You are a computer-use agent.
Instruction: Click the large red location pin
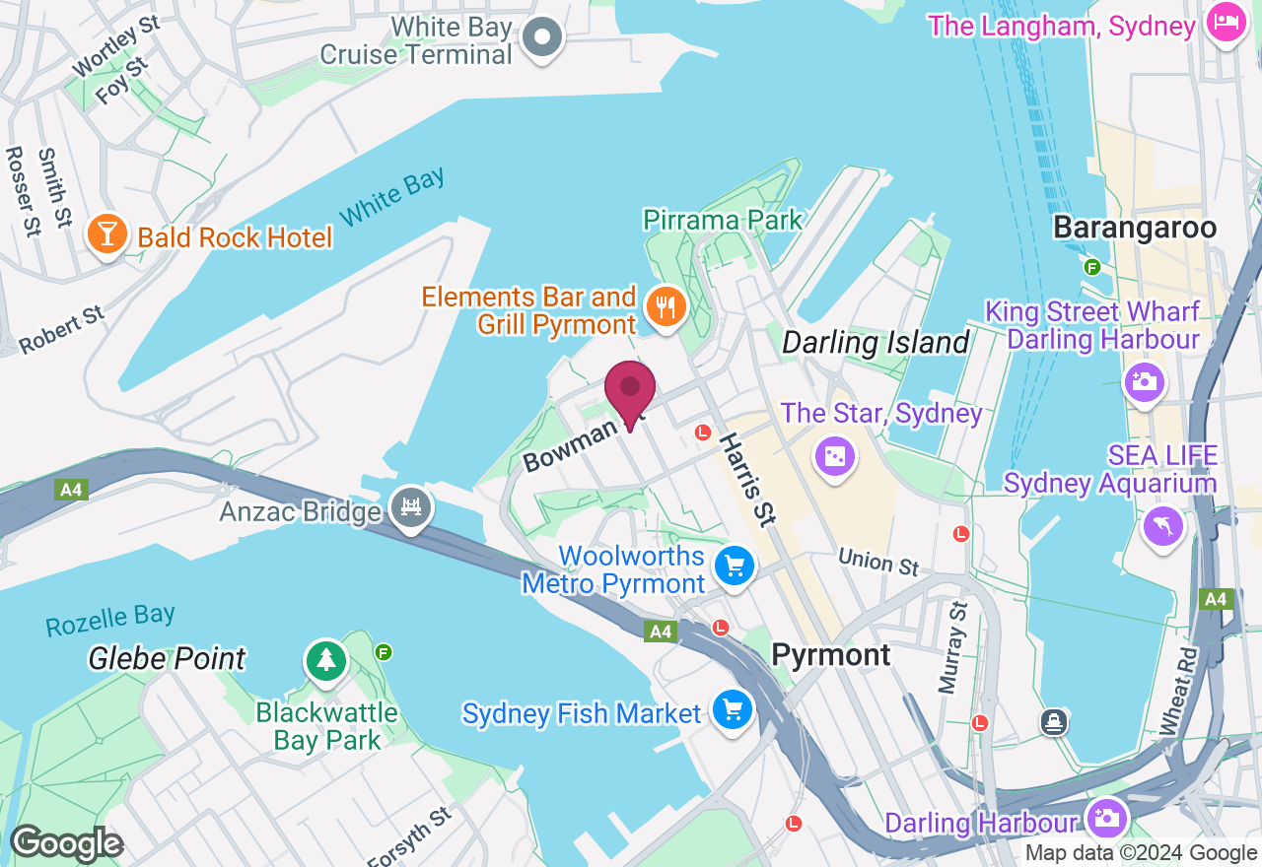[x=630, y=389]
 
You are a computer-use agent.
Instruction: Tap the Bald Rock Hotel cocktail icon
[x=105, y=235]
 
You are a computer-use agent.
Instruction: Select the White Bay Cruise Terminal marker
[x=541, y=39]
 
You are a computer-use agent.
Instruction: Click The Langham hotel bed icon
[x=1226, y=23]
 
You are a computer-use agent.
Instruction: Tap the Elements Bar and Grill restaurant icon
[x=666, y=307]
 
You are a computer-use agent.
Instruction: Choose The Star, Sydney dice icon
[x=834, y=456]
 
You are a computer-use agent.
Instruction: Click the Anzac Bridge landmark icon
[x=410, y=508]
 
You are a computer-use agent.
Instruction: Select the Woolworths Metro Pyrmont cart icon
[x=735, y=567]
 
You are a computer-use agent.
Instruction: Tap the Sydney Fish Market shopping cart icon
[x=733, y=710]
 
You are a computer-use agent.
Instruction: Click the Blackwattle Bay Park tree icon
[x=325, y=660]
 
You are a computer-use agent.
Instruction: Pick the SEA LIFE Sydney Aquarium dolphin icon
[x=1163, y=526]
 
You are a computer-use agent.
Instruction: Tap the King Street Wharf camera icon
[x=1145, y=381]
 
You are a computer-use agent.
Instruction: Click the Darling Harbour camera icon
[x=1106, y=818]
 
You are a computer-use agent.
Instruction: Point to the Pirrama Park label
[x=723, y=219]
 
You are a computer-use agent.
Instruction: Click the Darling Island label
[x=876, y=343]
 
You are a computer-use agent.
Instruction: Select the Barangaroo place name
[x=1134, y=228]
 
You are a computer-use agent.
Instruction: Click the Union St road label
[x=878, y=562]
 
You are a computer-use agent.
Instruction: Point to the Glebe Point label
[x=167, y=657]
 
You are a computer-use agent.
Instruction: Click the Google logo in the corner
[x=66, y=843]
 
